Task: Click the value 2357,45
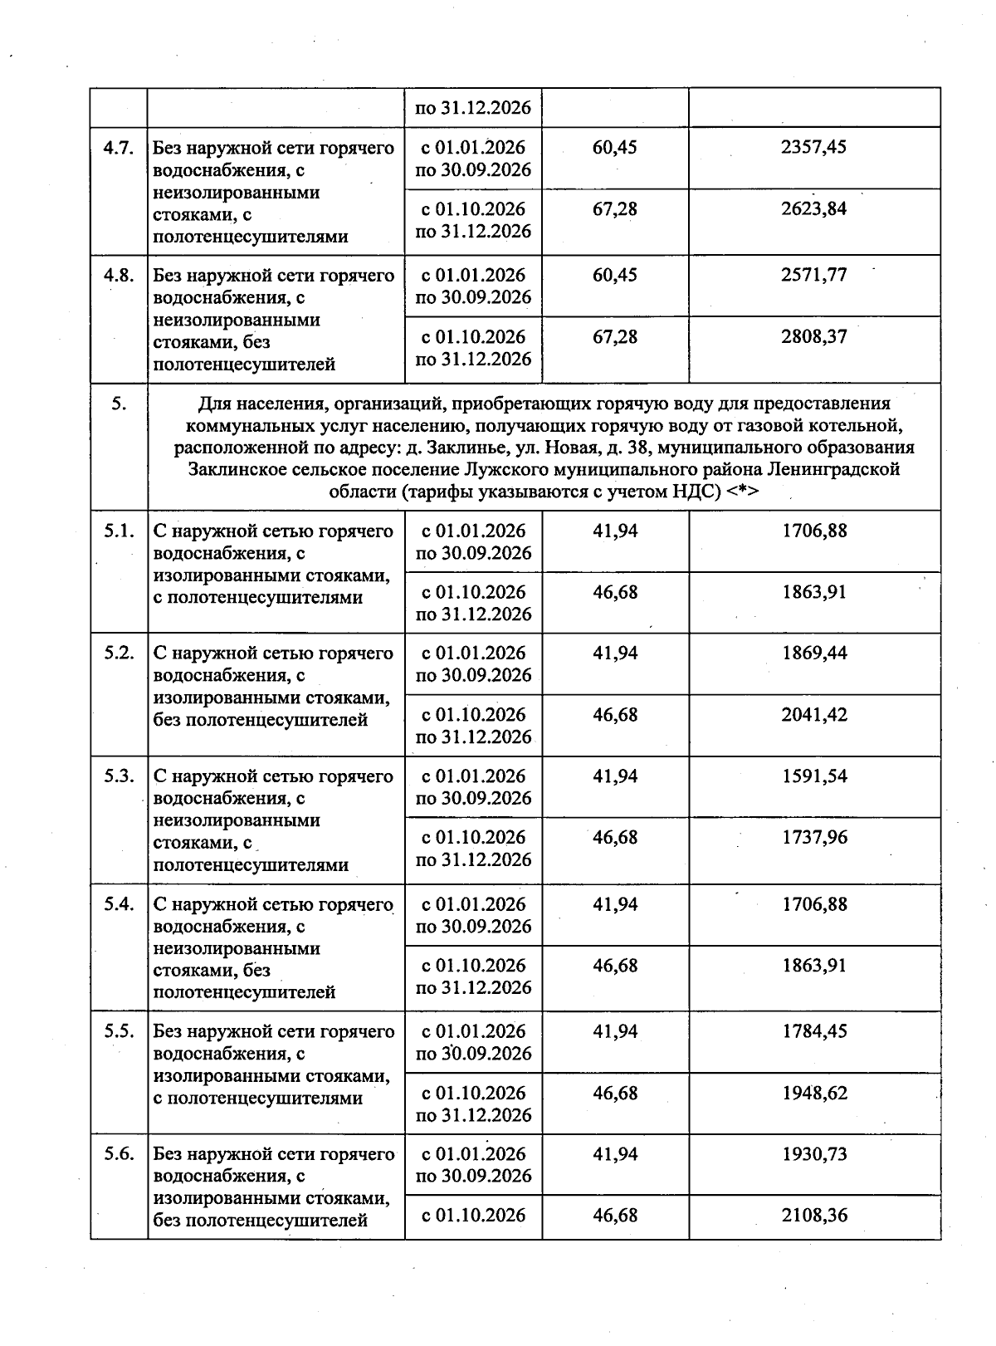(813, 148)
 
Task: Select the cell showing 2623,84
(813, 209)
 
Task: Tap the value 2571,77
(813, 276)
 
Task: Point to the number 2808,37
(813, 337)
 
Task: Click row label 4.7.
(119, 149)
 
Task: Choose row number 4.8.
(119, 276)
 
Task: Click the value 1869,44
(813, 653)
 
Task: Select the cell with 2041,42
(813, 715)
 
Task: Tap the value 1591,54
(813, 776)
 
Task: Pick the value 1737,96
(813, 838)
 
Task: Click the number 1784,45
(813, 1032)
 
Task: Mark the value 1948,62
(813, 1094)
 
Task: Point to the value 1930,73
(813, 1154)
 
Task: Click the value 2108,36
(813, 1216)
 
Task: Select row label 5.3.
(119, 776)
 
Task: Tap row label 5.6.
(119, 1154)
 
